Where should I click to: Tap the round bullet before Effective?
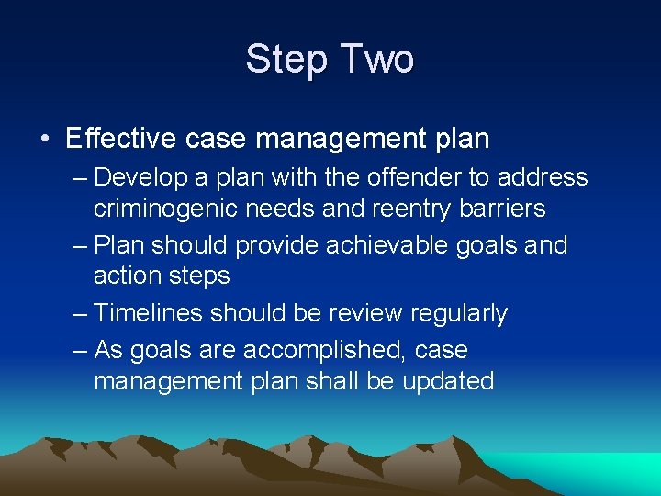44,139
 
